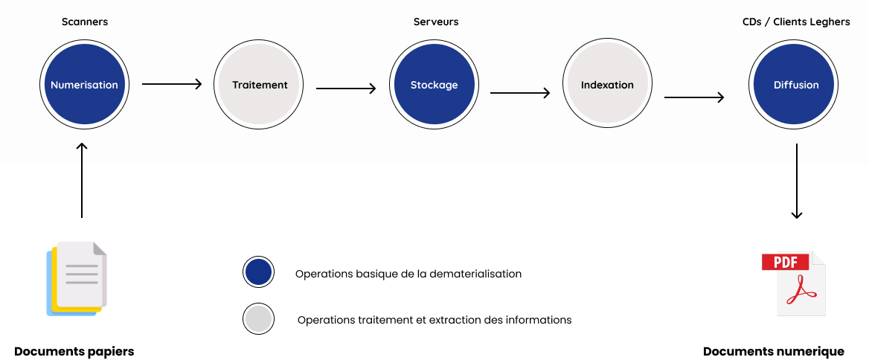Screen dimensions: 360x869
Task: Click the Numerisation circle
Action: click(x=84, y=85)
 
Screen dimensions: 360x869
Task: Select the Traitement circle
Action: click(x=259, y=85)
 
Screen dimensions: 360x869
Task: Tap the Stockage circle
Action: click(x=434, y=85)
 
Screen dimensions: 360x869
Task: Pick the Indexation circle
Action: click(x=607, y=85)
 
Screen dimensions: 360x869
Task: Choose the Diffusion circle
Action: click(x=795, y=85)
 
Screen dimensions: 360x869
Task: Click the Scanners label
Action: click(x=84, y=22)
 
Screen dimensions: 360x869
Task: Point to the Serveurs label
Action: click(x=435, y=22)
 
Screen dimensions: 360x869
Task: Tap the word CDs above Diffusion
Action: click(x=751, y=22)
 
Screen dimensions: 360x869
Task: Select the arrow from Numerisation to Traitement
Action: click(x=172, y=84)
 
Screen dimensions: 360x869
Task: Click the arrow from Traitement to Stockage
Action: click(x=346, y=89)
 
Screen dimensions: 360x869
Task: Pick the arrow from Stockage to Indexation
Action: click(x=520, y=93)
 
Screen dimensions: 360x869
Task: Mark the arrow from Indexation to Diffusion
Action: click(x=694, y=97)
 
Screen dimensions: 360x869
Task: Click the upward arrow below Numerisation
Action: click(x=82, y=153)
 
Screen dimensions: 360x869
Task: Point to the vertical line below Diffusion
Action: click(x=797, y=154)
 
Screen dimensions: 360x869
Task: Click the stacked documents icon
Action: click(x=77, y=278)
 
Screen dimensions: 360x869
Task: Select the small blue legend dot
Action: click(x=258, y=272)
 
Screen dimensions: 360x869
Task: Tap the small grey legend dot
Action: click(x=258, y=319)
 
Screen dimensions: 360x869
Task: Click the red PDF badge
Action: click(x=785, y=262)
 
